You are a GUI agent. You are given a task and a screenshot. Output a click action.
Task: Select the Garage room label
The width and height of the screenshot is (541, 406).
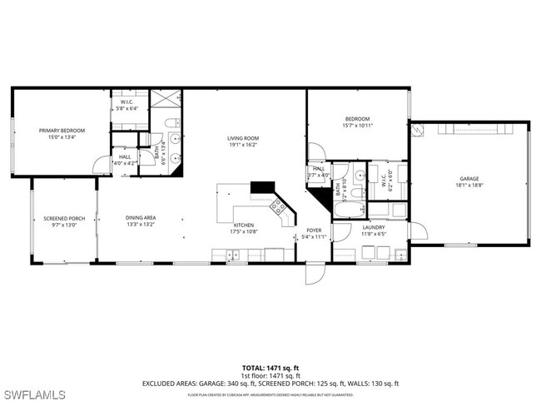pos(469,179)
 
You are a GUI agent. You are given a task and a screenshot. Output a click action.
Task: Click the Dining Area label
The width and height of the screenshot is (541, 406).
pos(141,218)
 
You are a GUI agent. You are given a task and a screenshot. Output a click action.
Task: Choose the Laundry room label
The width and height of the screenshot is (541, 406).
pos(373,226)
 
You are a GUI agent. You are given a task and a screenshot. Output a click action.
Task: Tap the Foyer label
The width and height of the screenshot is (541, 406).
pos(314,230)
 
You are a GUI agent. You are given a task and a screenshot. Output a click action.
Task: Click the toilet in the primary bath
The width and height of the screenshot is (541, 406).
pos(171,125)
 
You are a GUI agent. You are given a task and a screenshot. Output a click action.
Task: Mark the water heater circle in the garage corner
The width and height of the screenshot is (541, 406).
pos(418,129)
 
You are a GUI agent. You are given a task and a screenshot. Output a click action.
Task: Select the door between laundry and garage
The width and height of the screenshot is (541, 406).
pos(417,230)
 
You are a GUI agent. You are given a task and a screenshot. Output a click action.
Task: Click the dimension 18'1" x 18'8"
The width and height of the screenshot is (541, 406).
pos(469,186)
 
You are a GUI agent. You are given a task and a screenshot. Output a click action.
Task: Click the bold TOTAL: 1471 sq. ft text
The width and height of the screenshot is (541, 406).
pos(270,367)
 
